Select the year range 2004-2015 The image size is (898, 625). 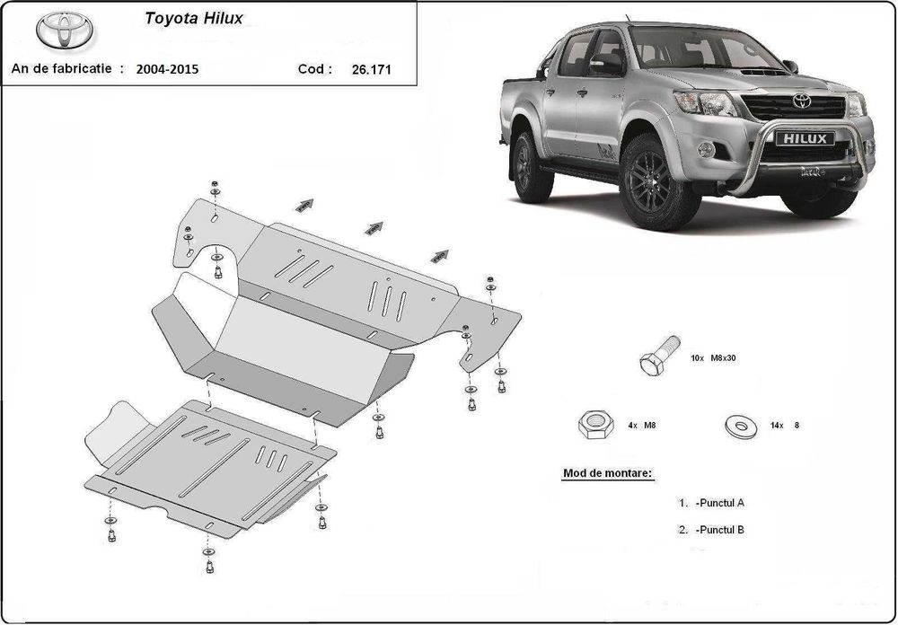168,68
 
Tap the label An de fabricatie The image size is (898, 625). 64,68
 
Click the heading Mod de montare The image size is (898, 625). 607,472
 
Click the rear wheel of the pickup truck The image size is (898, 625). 531,167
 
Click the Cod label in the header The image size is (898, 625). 314,68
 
